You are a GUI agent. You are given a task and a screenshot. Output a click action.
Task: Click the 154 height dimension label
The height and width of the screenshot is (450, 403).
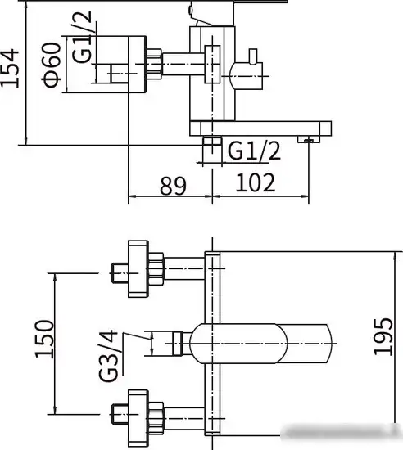tap(10, 68)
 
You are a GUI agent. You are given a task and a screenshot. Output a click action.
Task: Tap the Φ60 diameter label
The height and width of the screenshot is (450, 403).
tap(52, 65)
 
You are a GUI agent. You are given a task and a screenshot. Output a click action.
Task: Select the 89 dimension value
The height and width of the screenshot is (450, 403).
tap(173, 186)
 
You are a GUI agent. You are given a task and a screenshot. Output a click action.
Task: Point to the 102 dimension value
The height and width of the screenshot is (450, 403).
tap(256, 182)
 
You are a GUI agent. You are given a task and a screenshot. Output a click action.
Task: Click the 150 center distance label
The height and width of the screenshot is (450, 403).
tap(44, 339)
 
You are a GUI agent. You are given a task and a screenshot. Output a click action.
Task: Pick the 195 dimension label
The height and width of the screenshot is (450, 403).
tap(383, 336)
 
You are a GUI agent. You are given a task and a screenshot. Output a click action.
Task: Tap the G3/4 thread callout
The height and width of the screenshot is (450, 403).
tap(108, 356)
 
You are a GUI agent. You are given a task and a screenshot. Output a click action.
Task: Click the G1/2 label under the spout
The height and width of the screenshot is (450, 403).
tap(254, 151)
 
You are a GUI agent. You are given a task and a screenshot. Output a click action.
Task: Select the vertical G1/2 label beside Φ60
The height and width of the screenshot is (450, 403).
tap(82, 37)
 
